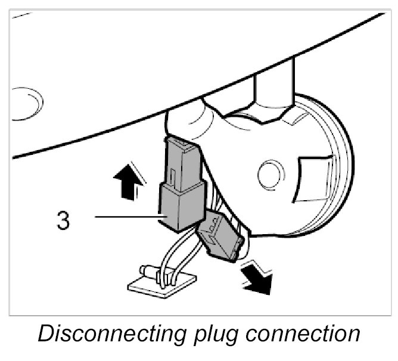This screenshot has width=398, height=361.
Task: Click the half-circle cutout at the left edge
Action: (x=27, y=102)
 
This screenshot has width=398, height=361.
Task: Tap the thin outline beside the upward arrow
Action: (x=138, y=175)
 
